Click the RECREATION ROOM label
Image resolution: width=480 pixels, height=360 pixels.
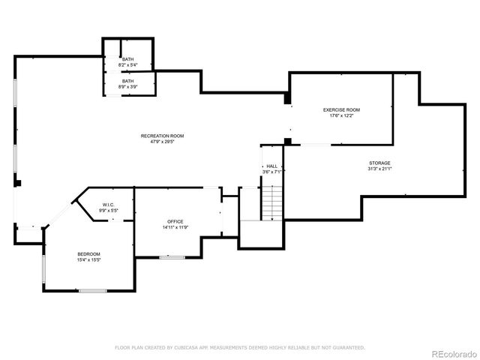pos(162,136)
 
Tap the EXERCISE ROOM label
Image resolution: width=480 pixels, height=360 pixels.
pos(341,110)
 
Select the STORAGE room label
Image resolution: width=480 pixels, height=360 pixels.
pos(379,163)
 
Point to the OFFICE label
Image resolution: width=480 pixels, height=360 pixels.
pos(175,221)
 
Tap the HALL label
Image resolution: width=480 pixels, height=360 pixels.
pos(271,166)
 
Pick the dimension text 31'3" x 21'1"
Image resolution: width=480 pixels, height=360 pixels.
pos(379,169)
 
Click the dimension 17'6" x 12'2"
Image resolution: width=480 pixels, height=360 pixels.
pos(341,115)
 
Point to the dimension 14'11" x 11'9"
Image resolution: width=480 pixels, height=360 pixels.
pos(175,226)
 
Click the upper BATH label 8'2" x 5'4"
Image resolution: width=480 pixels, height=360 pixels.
pos(128,61)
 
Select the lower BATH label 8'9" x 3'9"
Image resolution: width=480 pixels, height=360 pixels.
pos(128,83)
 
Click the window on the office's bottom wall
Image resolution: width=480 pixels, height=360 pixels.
pos(172,256)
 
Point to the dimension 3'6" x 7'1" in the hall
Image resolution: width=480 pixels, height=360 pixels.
pos(271,172)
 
